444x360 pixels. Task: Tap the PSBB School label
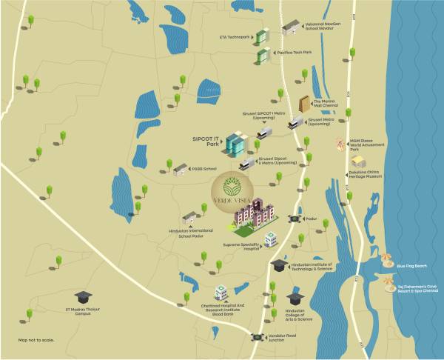click(x=205, y=169)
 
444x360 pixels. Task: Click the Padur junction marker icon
click(x=294, y=219)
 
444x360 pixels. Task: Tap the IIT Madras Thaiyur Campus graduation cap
click(x=81, y=296)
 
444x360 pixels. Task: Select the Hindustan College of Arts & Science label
click(x=295, y=319)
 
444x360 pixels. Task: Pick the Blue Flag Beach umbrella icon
click(x=386, y=259)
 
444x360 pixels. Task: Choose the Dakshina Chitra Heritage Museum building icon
click(x=358, y=161)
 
